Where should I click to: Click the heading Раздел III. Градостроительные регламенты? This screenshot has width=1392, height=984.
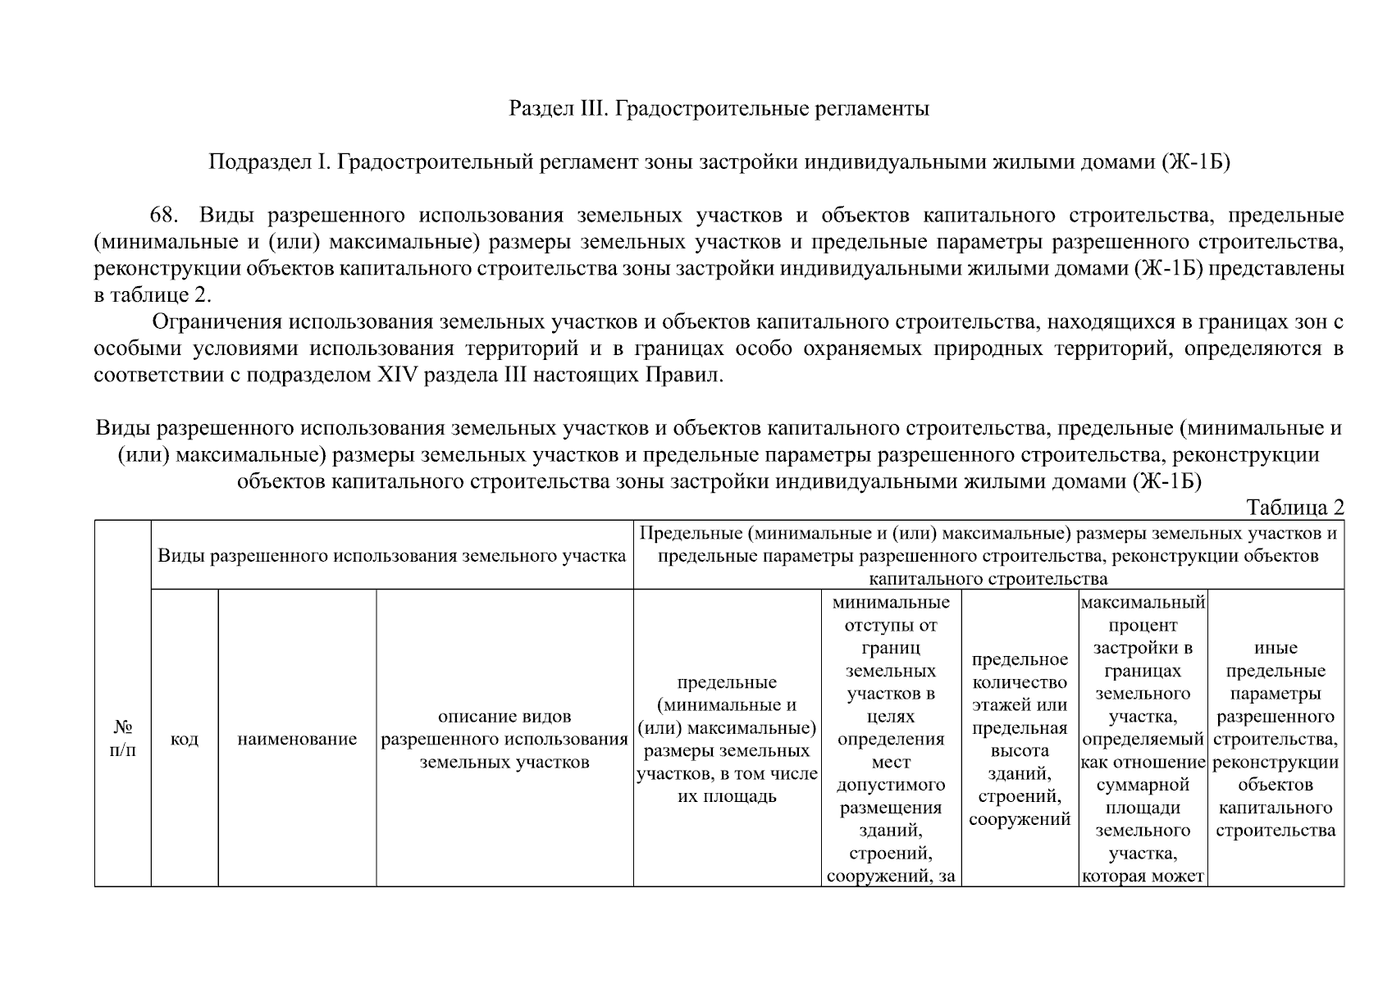pos(719,108)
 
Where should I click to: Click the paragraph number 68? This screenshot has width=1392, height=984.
pos(163,216)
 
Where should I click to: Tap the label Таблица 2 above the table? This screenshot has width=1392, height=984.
pos(1294,508)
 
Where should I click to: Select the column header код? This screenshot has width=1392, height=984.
pos(185,739)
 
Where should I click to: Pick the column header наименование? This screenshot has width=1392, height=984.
pos(297,739)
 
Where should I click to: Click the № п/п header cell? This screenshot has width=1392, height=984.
pos(123,738)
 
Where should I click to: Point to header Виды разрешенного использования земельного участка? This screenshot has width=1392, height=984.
pos(391,555)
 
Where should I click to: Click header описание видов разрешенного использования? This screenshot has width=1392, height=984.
pos(504,739)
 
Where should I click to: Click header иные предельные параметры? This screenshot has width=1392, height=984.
pos(1276,739)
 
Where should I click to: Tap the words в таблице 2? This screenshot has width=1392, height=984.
pos(153,295)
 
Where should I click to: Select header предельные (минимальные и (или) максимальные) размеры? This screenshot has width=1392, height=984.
pos(727,739)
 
